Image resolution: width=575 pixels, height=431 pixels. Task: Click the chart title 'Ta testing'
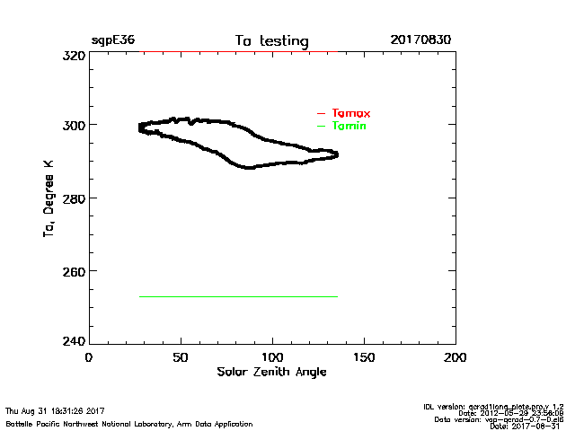[x=271, y=41]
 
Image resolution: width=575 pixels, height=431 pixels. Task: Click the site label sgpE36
[x=112, y=41]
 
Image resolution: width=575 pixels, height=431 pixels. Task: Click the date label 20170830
[x=420, y=41]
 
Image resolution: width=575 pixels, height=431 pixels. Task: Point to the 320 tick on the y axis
[x=72, y=55]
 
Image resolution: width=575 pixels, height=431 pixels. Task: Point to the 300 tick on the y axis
[x=72, y=125]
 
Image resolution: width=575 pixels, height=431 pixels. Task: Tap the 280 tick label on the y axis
[x=72, y=198]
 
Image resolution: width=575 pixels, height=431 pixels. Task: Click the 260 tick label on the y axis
[x=72, y=270]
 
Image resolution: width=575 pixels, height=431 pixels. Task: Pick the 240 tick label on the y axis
[x=72, y=341]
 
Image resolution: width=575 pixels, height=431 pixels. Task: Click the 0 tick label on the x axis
[x=88, y=357]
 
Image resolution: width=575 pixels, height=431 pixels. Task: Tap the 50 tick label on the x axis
[x=180, y=357]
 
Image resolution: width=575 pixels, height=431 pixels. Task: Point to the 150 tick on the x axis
[x=364, y=357]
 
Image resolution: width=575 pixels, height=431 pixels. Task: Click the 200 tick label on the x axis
[x=456, y=357]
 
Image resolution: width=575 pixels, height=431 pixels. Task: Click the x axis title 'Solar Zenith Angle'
[x=271, y=372]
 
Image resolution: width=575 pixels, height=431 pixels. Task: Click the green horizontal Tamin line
[x=238, y=296]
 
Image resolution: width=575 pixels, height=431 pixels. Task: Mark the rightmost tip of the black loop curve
[x=338, y=154]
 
